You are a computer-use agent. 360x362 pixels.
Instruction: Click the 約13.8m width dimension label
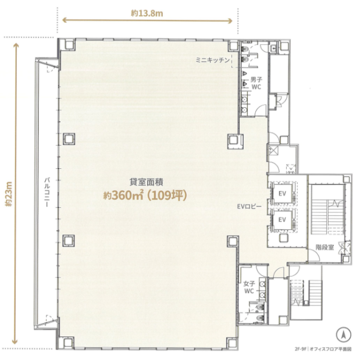(147, 13)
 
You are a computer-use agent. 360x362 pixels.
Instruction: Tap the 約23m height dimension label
(9, 194)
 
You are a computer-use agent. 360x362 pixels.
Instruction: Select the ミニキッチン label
(213, 61)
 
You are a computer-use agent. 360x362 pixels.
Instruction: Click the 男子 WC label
(256, 83)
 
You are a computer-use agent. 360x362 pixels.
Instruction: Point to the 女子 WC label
(249, 288)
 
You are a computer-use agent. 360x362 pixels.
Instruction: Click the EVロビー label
(249, 206)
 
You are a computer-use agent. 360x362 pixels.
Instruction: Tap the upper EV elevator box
(283, 193)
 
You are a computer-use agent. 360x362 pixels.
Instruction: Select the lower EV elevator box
(283, 219)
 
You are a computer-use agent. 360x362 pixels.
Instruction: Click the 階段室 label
(325, 247)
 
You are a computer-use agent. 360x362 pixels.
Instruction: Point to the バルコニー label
(47, 191)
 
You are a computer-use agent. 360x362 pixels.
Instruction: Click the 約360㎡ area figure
(124, 196)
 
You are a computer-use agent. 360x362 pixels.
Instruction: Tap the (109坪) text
(167, 196)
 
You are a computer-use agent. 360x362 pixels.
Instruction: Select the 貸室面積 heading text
(147, 182)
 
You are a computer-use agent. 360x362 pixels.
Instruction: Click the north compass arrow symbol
(343, 335)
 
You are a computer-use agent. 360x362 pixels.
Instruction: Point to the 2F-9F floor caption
(300, 349)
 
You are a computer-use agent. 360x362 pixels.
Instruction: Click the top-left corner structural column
(69, 44)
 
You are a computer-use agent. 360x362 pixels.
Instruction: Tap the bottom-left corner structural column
(68, 342)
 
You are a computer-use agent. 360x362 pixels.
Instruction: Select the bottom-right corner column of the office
(232, 342)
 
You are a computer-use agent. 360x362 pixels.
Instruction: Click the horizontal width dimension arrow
(147, 20)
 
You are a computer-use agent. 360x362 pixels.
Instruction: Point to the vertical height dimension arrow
(15, 193)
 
